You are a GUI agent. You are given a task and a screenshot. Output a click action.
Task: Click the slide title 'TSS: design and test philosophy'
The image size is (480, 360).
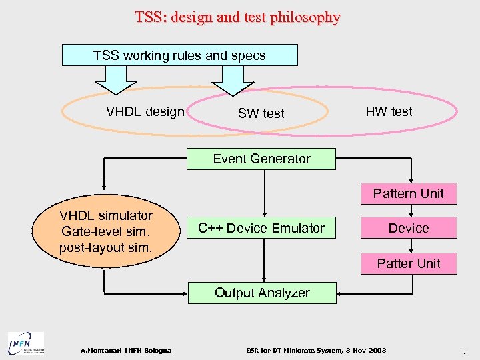tap(237, 17)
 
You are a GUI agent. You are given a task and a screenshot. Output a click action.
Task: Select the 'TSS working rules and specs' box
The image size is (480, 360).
tap(179, 55)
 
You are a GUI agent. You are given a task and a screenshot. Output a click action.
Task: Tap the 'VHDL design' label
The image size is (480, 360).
tap(145, 111)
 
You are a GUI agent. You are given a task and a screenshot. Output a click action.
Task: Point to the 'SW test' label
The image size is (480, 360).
tap(261, 113)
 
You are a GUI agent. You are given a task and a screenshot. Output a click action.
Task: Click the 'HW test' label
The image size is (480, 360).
tap(389, 111)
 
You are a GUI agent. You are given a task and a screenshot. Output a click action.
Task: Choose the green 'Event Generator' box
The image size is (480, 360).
tap(261, 159)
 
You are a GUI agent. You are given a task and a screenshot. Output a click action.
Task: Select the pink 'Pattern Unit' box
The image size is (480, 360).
tap(408, 193)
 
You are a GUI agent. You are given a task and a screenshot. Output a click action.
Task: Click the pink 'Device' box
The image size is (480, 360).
tap(408, 228)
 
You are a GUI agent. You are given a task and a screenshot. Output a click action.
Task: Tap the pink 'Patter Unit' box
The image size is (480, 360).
tap(408, 263)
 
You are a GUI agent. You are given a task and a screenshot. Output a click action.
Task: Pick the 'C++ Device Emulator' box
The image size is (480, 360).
tap(261, 228)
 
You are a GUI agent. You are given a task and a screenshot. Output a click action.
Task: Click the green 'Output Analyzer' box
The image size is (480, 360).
tap(261, 293)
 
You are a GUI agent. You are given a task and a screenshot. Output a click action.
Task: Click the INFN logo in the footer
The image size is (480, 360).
tap(25, 343)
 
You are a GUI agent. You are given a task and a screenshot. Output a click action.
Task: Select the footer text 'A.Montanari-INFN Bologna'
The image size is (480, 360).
tap(125, 350)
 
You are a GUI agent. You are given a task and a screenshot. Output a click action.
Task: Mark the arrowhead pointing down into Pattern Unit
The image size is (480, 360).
tap(412, 179)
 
